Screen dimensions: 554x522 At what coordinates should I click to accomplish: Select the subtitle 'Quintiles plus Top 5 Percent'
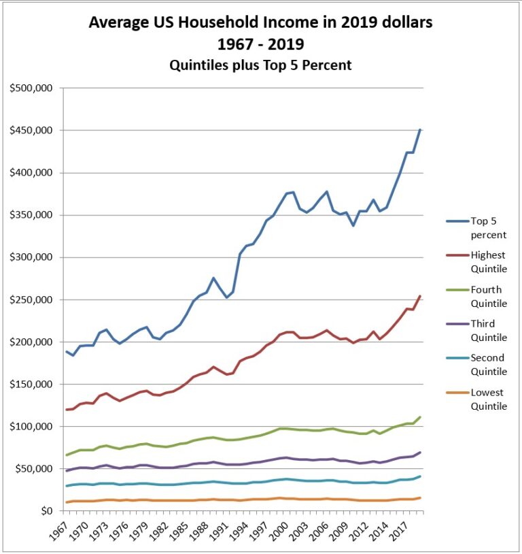[260, 66]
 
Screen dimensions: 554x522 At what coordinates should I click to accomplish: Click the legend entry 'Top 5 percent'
[488, 227]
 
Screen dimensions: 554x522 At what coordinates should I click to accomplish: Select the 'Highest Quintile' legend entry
[488, 261]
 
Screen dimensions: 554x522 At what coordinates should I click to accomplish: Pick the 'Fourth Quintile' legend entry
[488, 296]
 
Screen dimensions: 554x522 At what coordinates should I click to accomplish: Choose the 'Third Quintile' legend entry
[488, 330]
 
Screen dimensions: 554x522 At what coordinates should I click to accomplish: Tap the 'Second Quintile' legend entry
[488, 364]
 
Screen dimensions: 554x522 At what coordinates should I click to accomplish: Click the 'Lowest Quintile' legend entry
[488, 399]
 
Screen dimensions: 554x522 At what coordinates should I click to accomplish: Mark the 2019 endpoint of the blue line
[421, 129]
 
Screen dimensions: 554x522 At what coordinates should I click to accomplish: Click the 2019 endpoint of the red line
[421, 295]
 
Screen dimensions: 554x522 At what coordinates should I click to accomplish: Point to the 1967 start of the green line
[66, 455]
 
